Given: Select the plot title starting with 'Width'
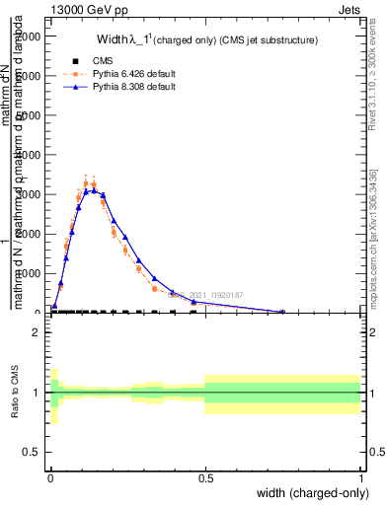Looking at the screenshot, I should point(206,40).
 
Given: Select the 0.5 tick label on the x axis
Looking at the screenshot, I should point(205,477).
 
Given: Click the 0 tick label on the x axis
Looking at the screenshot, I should point(50,477).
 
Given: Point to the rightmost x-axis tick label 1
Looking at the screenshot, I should point(361,477).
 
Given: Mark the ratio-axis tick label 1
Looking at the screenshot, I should point(37,393).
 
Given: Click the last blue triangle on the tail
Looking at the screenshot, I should point(283,312).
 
